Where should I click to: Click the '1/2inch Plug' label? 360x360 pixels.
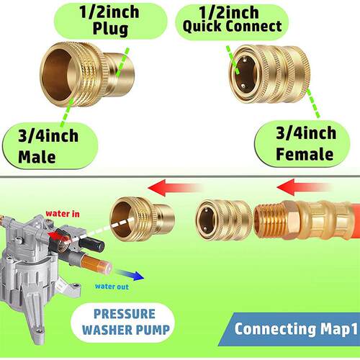(109, 20)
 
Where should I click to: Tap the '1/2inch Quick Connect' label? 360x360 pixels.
(232, 19)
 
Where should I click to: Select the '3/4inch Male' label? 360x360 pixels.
(48, 146)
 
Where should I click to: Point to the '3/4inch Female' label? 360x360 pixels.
(305, 143)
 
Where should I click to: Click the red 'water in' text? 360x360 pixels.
(63, 214)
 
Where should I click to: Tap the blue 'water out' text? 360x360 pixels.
(112, 287)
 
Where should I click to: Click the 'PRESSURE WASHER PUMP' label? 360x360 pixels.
(125, 322)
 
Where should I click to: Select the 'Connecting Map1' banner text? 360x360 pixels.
(296, 329)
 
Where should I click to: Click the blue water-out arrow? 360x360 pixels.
(130, 276)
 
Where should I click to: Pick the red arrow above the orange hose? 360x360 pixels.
(305, 187)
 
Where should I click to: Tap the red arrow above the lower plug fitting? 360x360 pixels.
(175, 188)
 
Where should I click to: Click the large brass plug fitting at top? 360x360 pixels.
(87, 74)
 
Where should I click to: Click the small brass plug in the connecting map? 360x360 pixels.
(142, 219)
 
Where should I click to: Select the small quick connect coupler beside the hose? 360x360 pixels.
(224, 220)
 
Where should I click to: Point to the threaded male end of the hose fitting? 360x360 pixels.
(269, 220)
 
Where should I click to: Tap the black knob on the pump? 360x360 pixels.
(91, 244)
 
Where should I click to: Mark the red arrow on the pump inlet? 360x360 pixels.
(58, 237)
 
